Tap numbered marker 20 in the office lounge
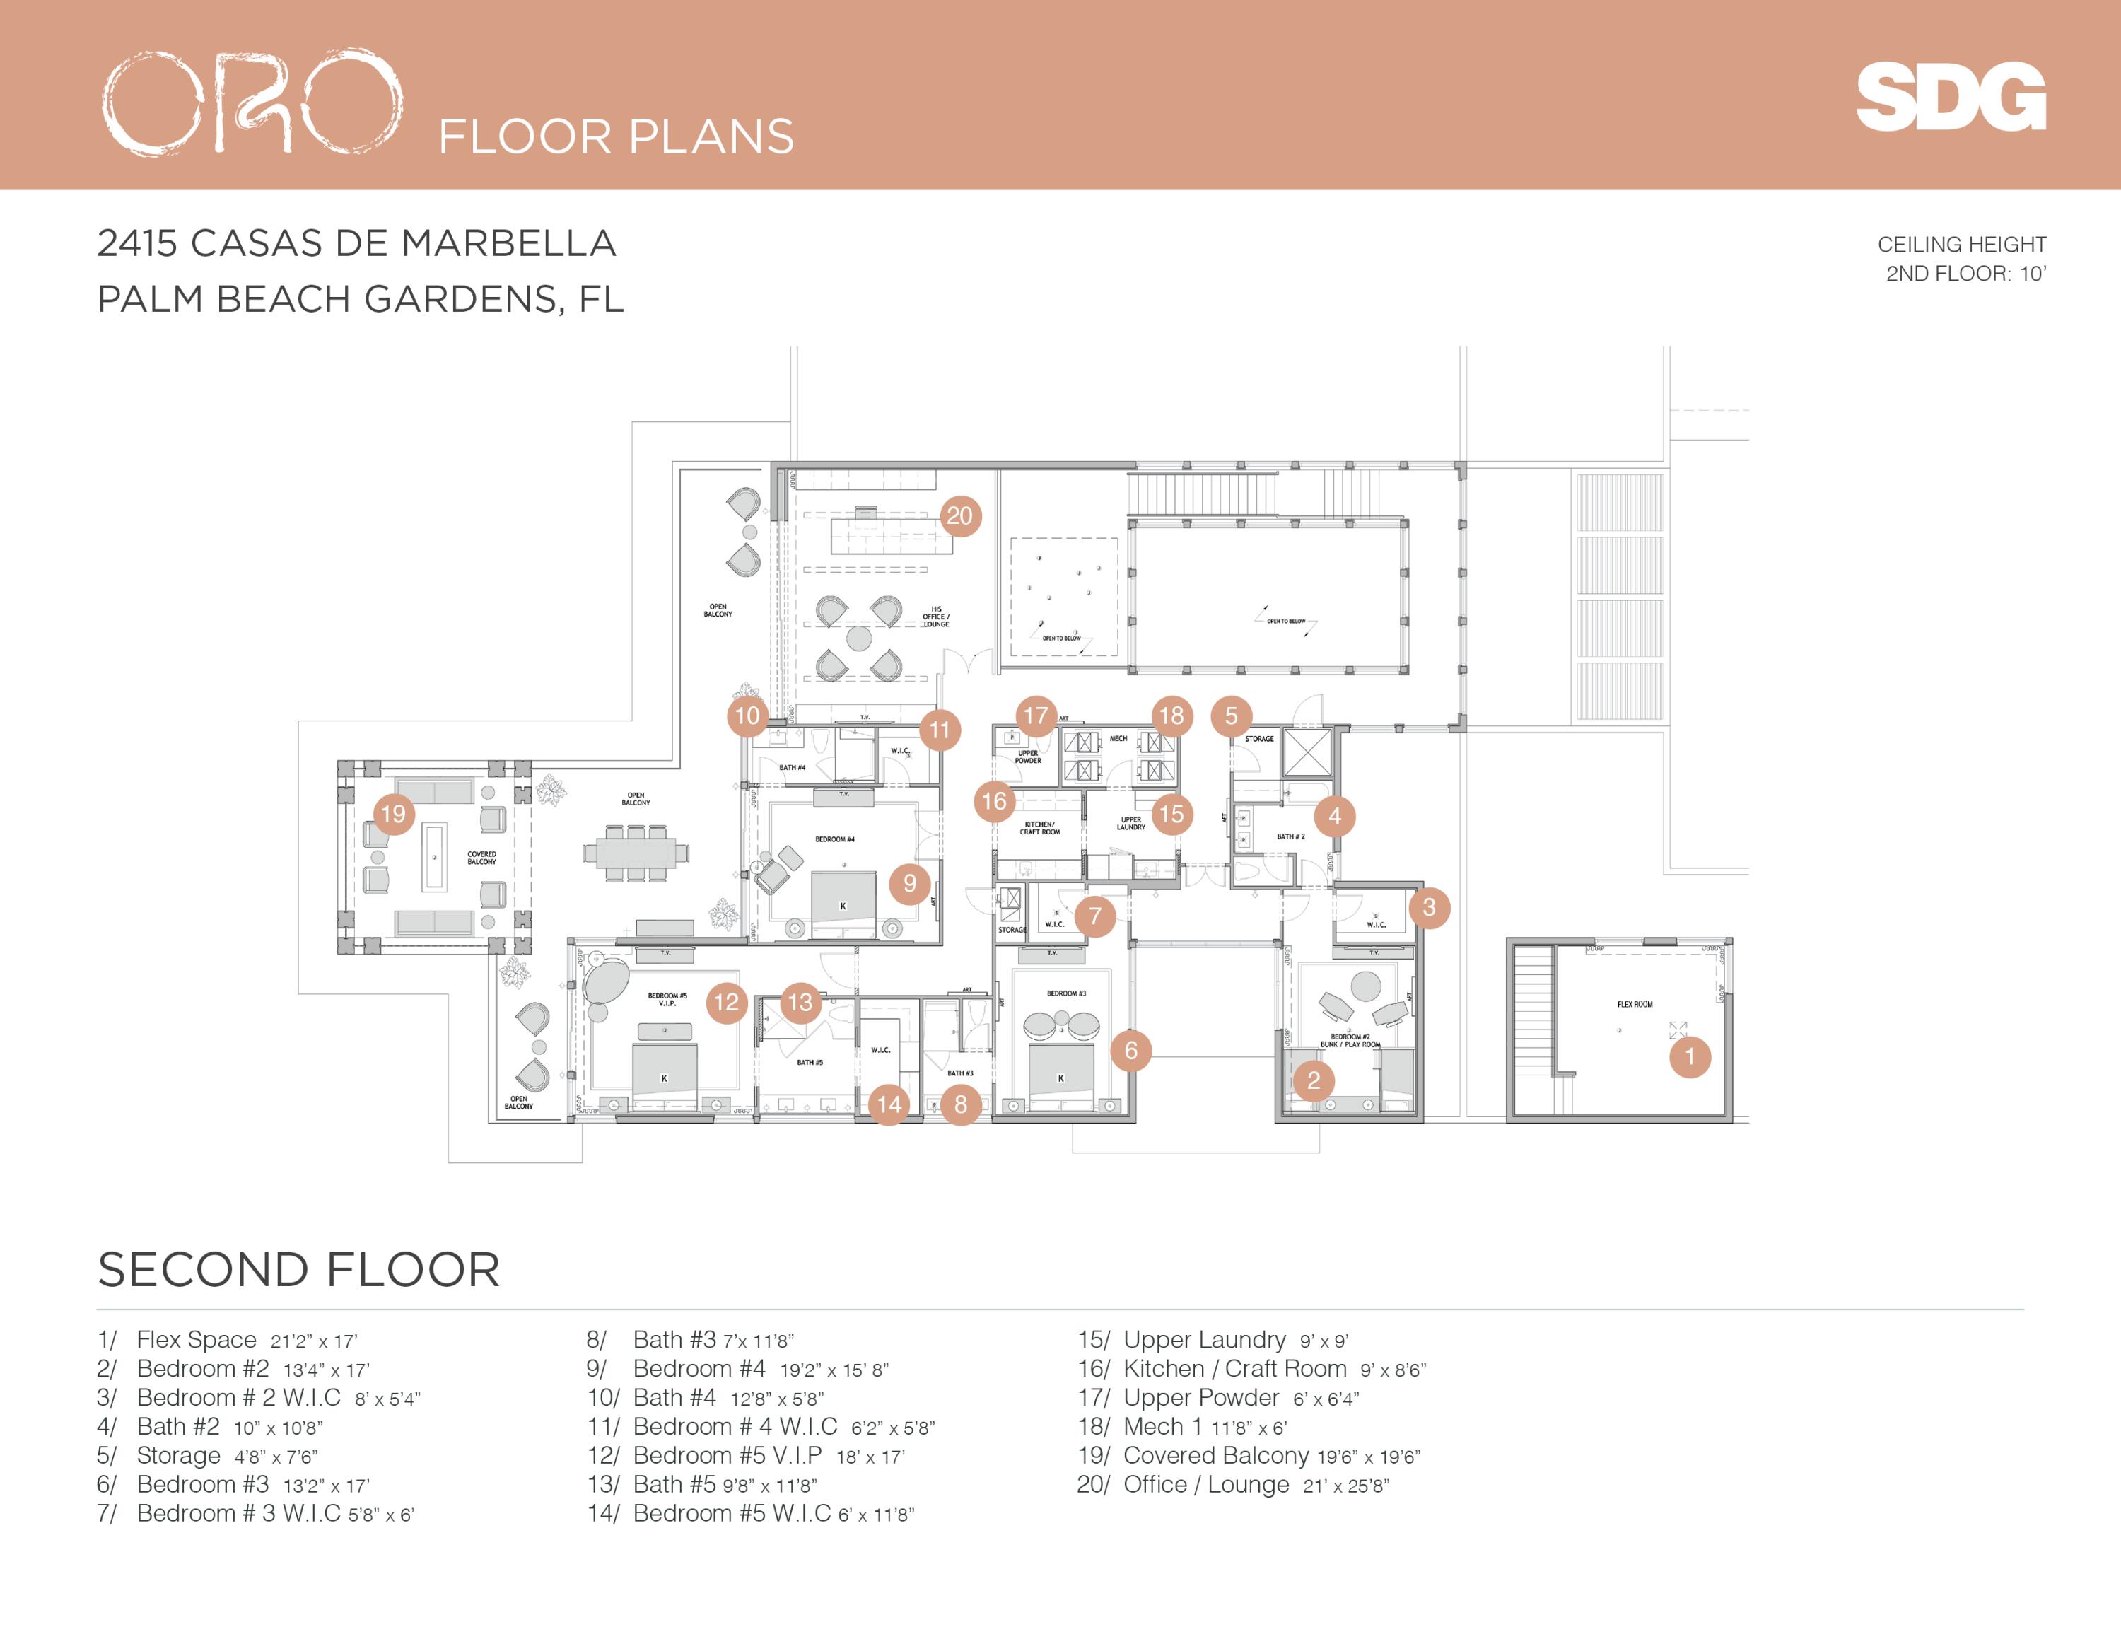pos(959,515)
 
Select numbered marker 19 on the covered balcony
pos(393,814)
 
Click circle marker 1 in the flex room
pos(1689,1056)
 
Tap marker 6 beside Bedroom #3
pos(1130,1051)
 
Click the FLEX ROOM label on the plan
pos(1635,1004)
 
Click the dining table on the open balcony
pos(636,853)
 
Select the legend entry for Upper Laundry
pos(1212,1340)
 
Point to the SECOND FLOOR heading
pos(299,1270)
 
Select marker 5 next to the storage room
pos(1232,716)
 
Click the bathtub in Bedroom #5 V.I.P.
pos(606,984)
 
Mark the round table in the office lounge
pos(858,638)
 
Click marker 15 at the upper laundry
pos(1171,814)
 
